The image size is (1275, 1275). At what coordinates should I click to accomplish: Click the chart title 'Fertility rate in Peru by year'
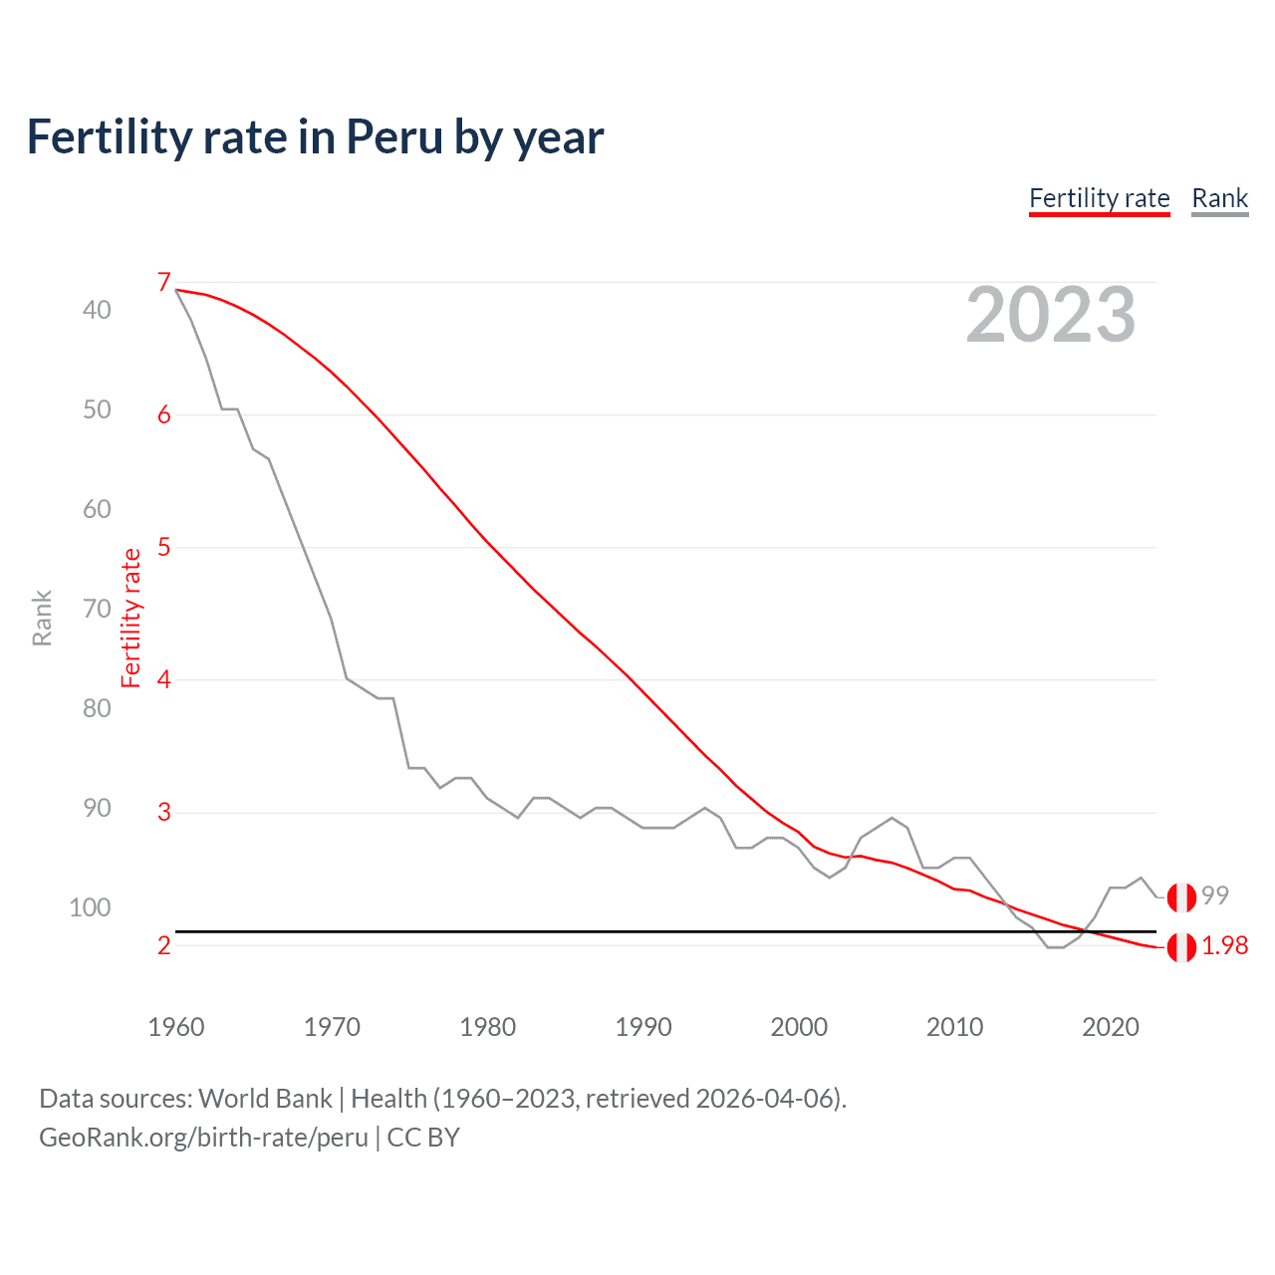tap(315, 137)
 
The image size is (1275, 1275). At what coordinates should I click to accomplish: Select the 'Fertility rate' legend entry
tap(1099, 198)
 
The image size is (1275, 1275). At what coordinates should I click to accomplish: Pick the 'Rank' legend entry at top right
tap(1219, 198)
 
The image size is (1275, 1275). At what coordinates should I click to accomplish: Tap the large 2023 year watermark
tap(1050, 315)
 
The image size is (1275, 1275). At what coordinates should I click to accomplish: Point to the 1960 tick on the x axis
tap(176, 1027)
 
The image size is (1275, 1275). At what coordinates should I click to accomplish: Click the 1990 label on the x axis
tap(643, 1027)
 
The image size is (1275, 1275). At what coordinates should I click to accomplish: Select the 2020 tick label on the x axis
tap(1110, 1027)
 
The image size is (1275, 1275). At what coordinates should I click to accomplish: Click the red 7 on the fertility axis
tap(164, 283)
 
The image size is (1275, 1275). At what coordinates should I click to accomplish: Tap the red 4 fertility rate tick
tap(164, 680)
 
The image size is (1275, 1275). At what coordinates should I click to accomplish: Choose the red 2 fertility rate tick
tap(164, 945)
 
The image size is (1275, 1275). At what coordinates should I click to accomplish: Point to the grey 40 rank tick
tap(97, 310)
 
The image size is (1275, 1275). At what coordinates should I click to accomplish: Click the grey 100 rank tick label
tap(90, 907)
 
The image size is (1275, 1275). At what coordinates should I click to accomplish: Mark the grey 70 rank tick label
tap(97, 609)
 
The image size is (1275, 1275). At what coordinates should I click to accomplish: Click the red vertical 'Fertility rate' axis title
tap(130, 619)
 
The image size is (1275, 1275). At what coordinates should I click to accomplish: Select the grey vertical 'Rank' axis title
tap(42, 619)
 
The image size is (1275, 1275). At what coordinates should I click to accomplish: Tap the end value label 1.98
tap(1224, 946)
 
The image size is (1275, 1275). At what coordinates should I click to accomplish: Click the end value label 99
tap(1215, 895)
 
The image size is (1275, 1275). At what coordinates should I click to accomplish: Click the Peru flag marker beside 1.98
tap(1181, 947)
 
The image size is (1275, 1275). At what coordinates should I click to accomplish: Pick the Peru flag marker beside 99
tap(1181, 896)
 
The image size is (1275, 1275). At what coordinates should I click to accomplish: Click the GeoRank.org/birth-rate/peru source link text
tap(203, 1138)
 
